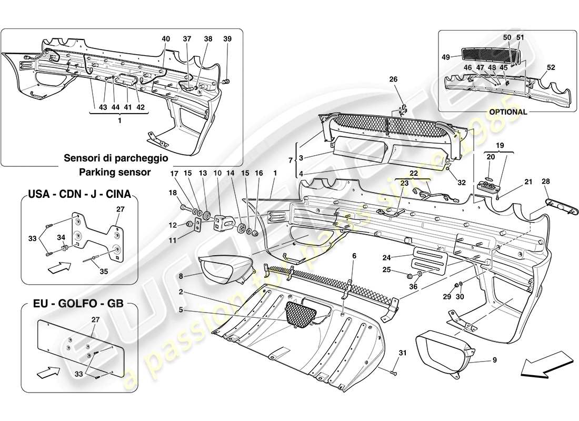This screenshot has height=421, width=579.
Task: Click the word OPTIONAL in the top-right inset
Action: [508, 112]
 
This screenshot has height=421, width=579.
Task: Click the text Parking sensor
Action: [116, 172]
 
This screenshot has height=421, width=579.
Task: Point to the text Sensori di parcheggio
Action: [116, 158]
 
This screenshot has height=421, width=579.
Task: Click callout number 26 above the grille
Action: [393, 80]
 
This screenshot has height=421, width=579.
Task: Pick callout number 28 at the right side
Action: [546, 182]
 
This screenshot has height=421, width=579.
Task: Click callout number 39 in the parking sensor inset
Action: [227, 39]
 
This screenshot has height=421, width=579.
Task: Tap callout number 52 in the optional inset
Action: [551, 68]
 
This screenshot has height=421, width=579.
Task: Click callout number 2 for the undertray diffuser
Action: [180, 291]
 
